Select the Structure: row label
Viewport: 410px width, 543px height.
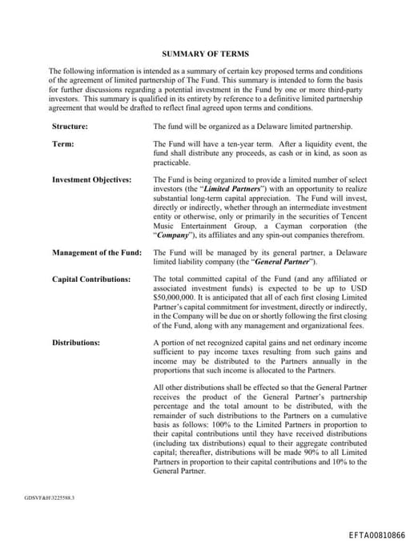coord(70,127)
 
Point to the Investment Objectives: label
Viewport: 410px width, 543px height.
coord(91,179)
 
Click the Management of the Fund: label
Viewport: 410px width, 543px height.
coord(96,252)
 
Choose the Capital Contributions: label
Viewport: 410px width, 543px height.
coord(90,279)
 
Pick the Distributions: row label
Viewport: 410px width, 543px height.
coord(76,343)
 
